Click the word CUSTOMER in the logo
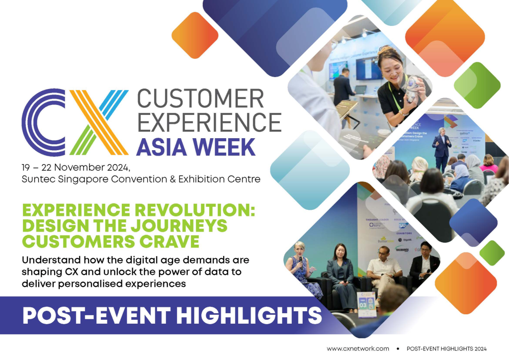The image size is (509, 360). coord(200,99)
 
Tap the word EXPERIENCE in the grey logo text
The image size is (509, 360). coord(209,122)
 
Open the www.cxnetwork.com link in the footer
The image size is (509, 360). coord(357,349)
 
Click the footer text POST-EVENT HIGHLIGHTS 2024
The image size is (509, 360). coord(446,349)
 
